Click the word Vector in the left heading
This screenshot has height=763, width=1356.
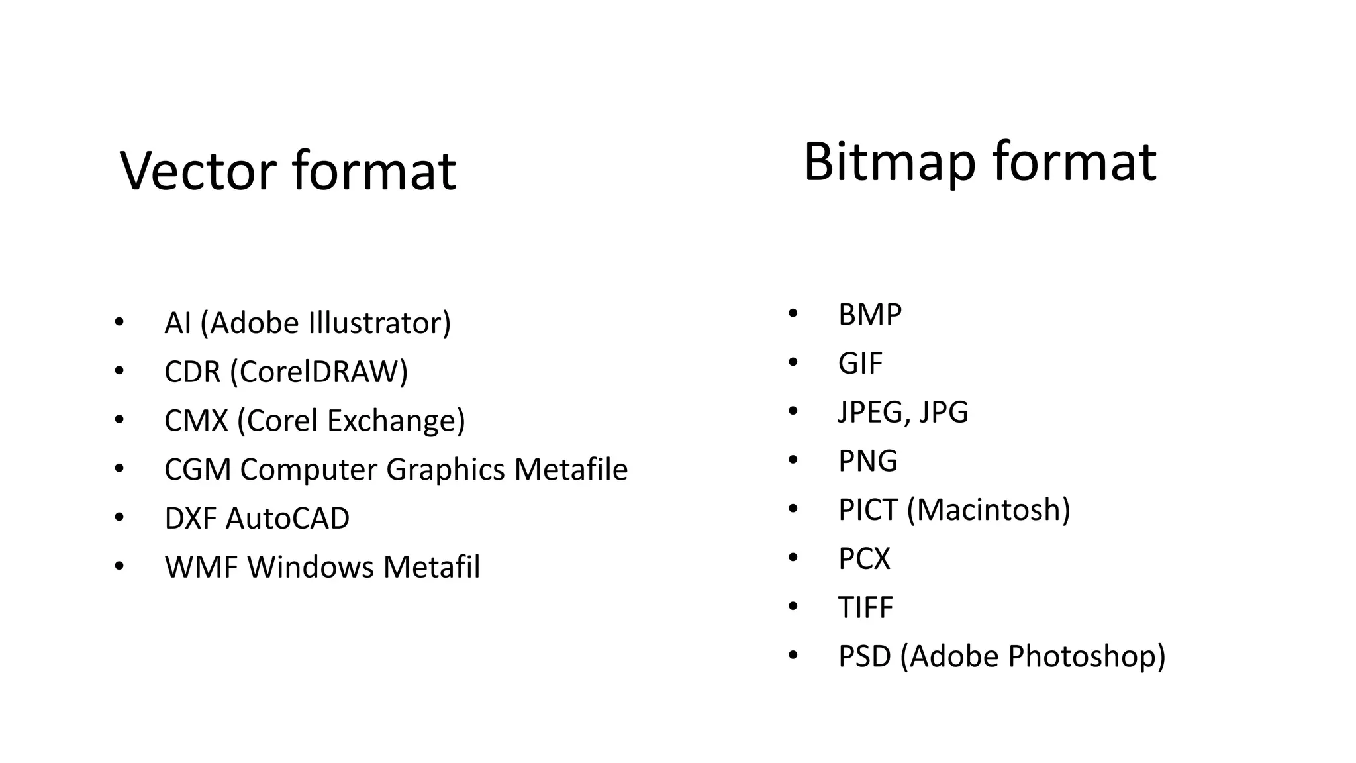[x=198, y=171]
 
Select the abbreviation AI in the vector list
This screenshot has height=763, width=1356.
[x=177, y=323]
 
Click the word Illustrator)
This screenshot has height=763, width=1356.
[x=379, y=323]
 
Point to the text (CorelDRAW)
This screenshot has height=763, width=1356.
[x=318, y=372]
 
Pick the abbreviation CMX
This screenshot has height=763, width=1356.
[x=196, y=421]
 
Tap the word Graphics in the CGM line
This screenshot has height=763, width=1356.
[x=446, y=470]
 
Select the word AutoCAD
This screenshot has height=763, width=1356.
[x=287, y=518]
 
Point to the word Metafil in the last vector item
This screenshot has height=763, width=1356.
[x=431, y=567]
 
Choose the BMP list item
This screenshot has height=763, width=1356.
[x=869, y=315]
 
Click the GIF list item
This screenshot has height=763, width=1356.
[x=860, y=363]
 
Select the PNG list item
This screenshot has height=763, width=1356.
[x=867, y=461]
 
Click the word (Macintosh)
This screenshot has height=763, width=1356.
[x=988, y=510]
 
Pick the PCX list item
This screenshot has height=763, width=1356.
[x=864, y=558]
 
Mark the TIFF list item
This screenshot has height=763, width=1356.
[x=865, y=607]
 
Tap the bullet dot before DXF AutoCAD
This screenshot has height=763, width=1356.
[x=119, y=517]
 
